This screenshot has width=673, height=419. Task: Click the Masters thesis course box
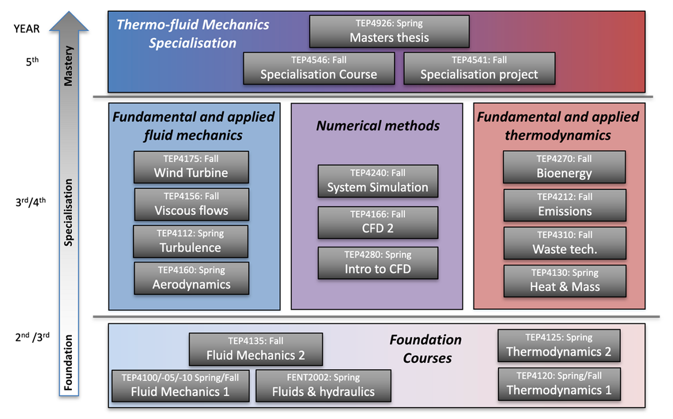coord(389,31)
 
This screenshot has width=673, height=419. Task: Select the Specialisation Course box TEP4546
coord(319,68)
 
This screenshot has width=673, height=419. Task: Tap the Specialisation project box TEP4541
coord(479,68)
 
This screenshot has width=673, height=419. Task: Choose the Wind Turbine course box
coord(191,166)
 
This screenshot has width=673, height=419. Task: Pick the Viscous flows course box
coord(192,204)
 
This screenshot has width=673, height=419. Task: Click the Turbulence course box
coord(191,241)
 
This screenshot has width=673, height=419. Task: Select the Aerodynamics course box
coord(192,278)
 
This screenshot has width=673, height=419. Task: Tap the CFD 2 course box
coord(378,222)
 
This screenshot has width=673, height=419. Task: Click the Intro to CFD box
coord(378,263)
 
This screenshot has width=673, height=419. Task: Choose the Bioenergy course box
coord(564,167)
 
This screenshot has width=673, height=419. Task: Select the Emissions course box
coord(565,205)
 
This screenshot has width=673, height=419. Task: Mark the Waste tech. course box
coord(565,243)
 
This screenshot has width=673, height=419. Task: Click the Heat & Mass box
coord(565,281)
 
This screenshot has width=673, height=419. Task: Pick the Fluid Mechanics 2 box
coord(256,349)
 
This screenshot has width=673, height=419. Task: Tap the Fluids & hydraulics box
coord(323,385)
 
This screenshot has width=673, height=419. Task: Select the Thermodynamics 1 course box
coord(559,384)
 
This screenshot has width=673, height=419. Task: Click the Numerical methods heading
coord(378,125)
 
